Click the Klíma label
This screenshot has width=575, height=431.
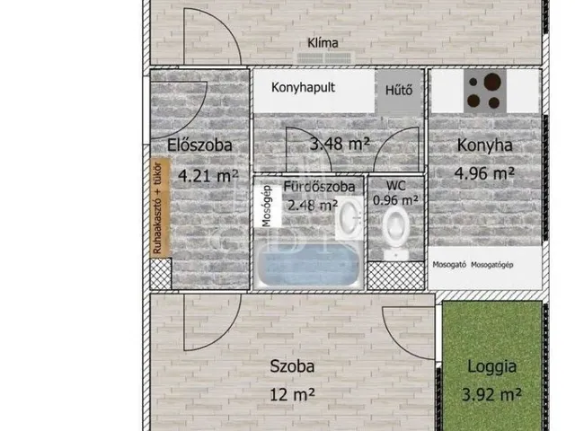tap(324, 42)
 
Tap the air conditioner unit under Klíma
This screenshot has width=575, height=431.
tap(328, 57)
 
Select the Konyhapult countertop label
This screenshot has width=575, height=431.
tap(311, 90)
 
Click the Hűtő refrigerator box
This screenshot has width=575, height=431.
tap(399, 90)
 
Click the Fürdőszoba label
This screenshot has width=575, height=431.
tap(319, 187)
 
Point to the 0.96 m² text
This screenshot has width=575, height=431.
tap(396, 200)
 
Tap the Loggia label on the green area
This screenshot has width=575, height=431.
tap(491, 366)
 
